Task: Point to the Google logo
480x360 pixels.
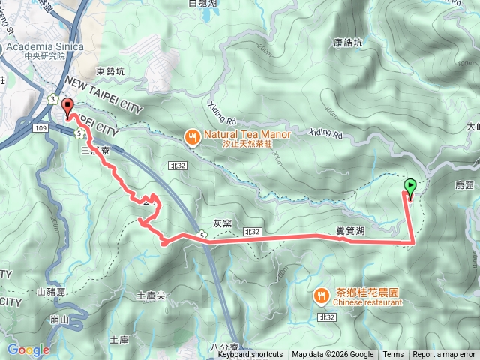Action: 28,349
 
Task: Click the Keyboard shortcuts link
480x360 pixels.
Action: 250,355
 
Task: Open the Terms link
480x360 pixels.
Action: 393,355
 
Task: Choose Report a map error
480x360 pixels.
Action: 445,355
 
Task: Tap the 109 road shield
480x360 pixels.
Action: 40,129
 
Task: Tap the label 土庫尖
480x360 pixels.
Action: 150,295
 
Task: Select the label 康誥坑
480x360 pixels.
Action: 348,43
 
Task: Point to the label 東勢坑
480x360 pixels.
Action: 111,72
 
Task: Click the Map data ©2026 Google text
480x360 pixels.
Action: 332,355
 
